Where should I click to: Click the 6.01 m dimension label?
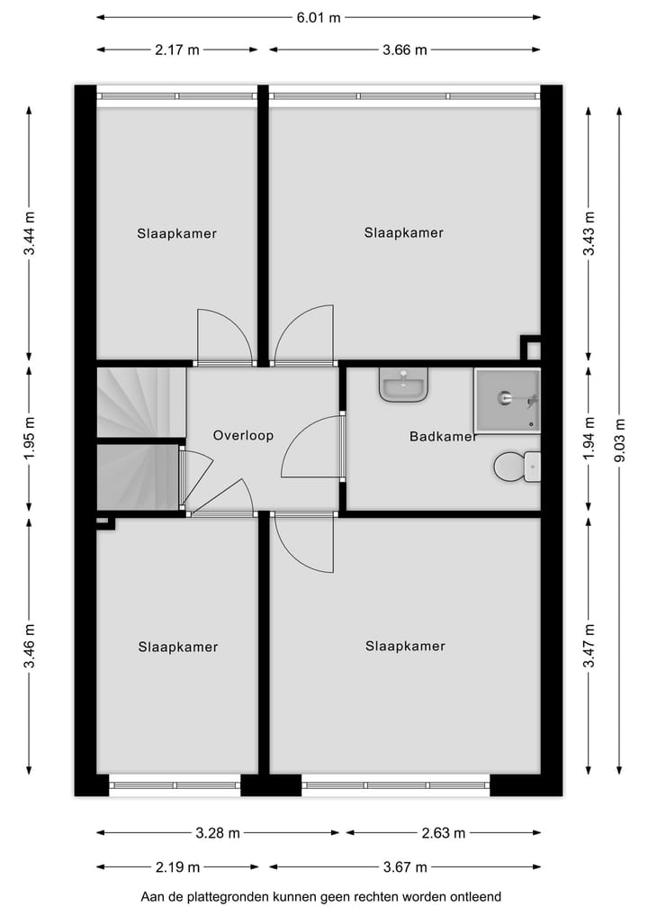[319, 17]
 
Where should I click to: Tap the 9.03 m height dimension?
[619, 440]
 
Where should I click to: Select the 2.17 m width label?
[177, 50]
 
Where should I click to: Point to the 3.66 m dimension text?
[405, 50]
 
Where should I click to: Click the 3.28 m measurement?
[218, 833]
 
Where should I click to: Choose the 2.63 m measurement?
[444, 833]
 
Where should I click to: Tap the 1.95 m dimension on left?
[30, 440]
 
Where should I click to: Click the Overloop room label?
[243, 435]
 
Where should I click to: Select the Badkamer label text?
[443, 437]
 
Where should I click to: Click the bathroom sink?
[403, 386]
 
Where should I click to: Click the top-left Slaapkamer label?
[177, 233]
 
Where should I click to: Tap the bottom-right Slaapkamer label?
[405, 646]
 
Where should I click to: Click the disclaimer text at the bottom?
[320, 897]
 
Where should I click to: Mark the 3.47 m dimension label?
[589, 645]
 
